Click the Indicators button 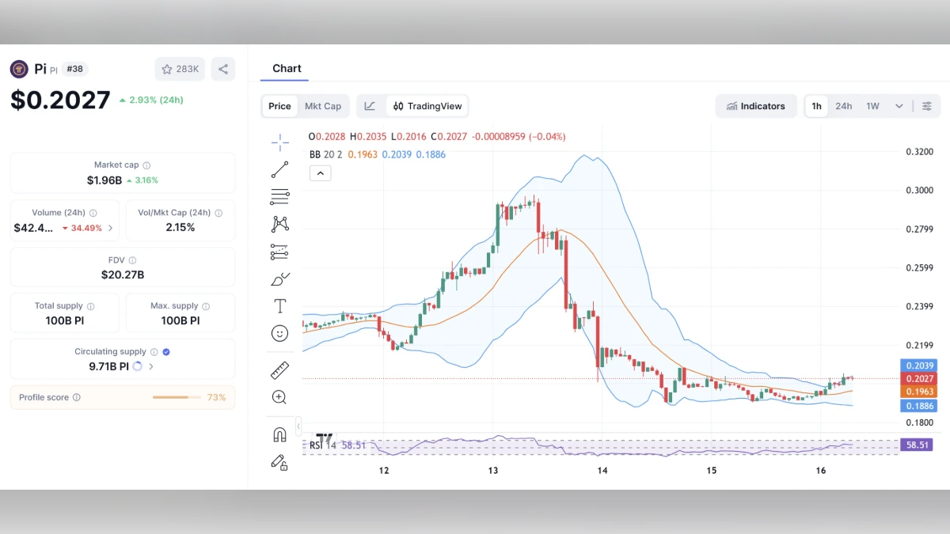756,106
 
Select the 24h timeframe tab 843,106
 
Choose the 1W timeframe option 872,106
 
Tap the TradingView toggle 427,106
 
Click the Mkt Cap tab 323,106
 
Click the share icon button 223,69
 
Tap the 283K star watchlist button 180,69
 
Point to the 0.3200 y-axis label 919,152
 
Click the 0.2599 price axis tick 919,268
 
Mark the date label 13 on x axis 493,471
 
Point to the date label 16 821,471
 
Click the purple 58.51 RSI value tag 918,445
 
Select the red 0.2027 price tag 918,379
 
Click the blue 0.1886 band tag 918,406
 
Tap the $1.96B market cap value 104,180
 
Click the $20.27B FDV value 123,275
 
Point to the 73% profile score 216,397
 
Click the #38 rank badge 74,69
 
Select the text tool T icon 279,305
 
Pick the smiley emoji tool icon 279,334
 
